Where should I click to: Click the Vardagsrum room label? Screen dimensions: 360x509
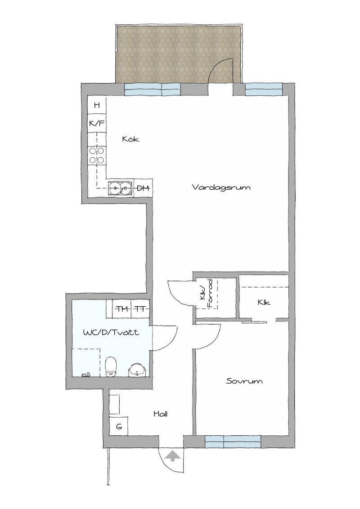[x=221, y=188]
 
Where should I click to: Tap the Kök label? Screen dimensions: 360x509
[x=130, y=139]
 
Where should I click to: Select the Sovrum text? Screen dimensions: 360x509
[x=244, y=381]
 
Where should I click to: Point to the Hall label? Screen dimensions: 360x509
[x=161, y=414]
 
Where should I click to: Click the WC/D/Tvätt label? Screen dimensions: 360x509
[x=111, y=332]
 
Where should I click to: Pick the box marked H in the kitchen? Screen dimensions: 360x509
[x=97, y=105]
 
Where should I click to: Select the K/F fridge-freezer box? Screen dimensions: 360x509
[x=97, y=123]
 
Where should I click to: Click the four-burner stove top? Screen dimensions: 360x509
[x=97, y=155]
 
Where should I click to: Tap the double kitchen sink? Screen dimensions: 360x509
[x=121, y=188]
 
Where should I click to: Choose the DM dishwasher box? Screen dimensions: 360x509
[x=143, y=188]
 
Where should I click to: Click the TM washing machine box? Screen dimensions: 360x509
[x=122, y=309]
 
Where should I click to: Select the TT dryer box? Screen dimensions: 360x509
[x=140, y=309]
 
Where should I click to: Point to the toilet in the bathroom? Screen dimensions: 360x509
[x=111, y=367]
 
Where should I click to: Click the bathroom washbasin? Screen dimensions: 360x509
[x=138, y=370]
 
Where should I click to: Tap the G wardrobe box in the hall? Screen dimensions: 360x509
[x=119, y=427]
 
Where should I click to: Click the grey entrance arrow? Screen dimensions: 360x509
[x=172, y=455]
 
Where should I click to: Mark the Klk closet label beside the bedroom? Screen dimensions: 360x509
[x=264, y=302]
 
